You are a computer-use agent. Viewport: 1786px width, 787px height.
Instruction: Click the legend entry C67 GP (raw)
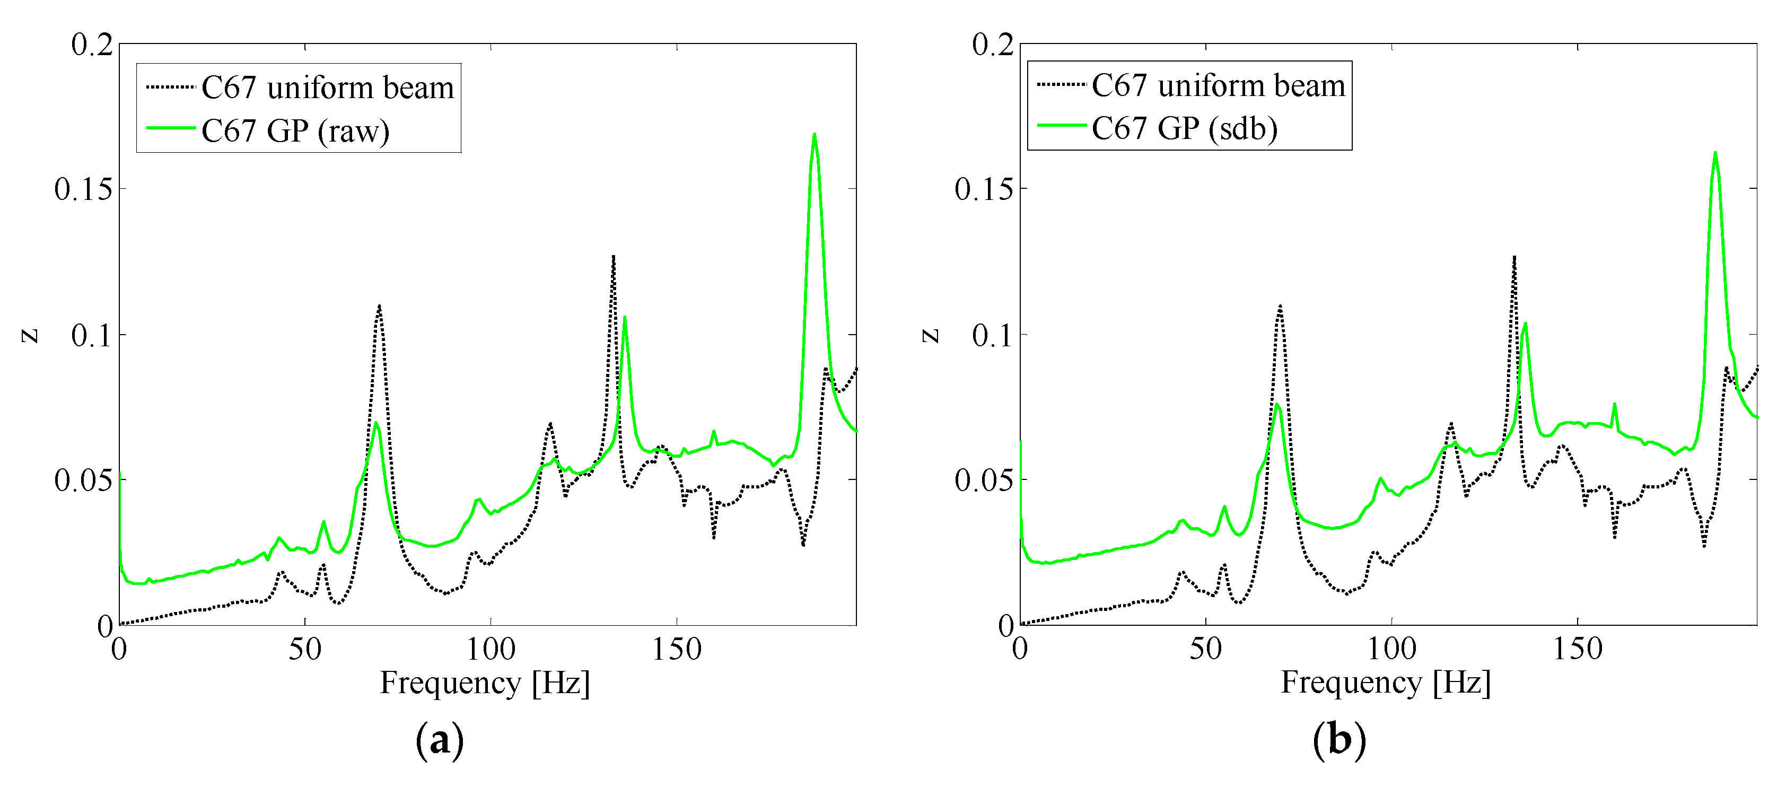295,130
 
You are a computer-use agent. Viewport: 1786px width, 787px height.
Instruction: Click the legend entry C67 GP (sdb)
1184,128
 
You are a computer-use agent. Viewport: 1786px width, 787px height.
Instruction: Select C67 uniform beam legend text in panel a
327,88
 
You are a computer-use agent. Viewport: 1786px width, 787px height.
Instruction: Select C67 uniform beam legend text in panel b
1218,85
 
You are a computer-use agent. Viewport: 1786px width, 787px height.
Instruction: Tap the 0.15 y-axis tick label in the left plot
83,189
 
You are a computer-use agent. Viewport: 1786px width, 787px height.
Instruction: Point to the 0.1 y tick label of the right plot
992,335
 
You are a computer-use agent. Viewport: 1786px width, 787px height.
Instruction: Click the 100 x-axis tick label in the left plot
491,650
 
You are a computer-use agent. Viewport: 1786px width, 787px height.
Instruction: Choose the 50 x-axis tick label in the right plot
1206,650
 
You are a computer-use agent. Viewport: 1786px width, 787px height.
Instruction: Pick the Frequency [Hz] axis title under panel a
485,683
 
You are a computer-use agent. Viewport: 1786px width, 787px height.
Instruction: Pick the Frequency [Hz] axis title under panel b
1385,683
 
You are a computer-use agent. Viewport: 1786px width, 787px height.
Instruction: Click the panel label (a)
440,740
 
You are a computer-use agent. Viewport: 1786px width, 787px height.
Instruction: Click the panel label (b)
1340,740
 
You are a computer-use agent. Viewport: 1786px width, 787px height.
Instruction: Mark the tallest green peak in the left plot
814,135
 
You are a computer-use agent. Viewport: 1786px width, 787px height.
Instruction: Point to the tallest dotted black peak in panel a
614,257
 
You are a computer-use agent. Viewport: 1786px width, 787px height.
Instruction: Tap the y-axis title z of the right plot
931,336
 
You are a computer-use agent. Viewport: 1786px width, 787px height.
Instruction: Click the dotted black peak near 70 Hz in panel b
1280,306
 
